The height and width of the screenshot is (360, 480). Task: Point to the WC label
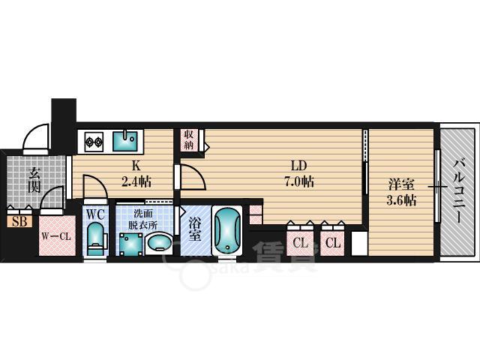95,214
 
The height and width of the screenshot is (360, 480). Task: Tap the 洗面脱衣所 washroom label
142,217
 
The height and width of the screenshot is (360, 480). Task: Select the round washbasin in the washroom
158,243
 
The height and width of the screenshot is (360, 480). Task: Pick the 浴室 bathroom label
193,228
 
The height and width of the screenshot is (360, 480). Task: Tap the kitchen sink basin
125,139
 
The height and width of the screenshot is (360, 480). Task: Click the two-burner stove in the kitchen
94,140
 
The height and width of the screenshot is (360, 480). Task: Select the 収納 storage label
188,139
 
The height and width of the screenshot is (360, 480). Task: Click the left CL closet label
300,241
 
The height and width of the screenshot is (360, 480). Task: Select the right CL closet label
334,241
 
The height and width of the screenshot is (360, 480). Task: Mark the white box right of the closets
357,242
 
